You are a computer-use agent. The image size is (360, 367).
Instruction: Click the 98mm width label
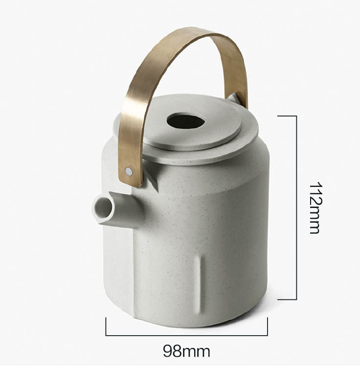pyautogui.click(x=186, y=351)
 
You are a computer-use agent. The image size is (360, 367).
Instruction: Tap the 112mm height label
pyautogui.click(x=317, y=208)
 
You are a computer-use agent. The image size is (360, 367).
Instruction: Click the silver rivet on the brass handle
pyautogui.click(x=129, y=171)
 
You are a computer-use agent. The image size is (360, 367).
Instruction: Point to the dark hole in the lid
pyautogui.click(x=185, y=121)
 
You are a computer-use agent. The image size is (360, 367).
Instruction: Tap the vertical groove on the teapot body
pyautogui.click(x=201, y=285)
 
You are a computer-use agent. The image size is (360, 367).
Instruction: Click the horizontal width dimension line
pyautogui.click(x=186, y=335)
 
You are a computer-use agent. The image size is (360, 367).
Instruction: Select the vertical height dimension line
pyautogui.click(x=296, y=207)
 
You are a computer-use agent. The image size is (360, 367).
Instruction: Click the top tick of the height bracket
pyautogui.click(x=287, y=116)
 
